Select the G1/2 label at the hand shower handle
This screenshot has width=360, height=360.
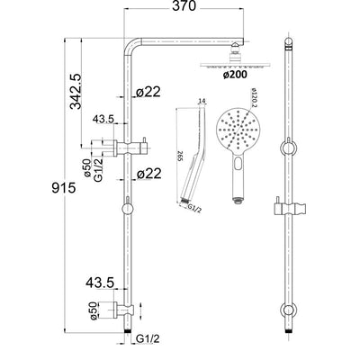tap(192, 210)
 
